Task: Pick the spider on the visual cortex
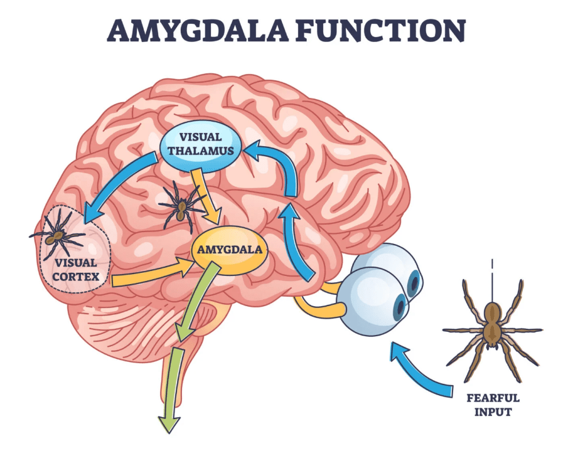[58, 234]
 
